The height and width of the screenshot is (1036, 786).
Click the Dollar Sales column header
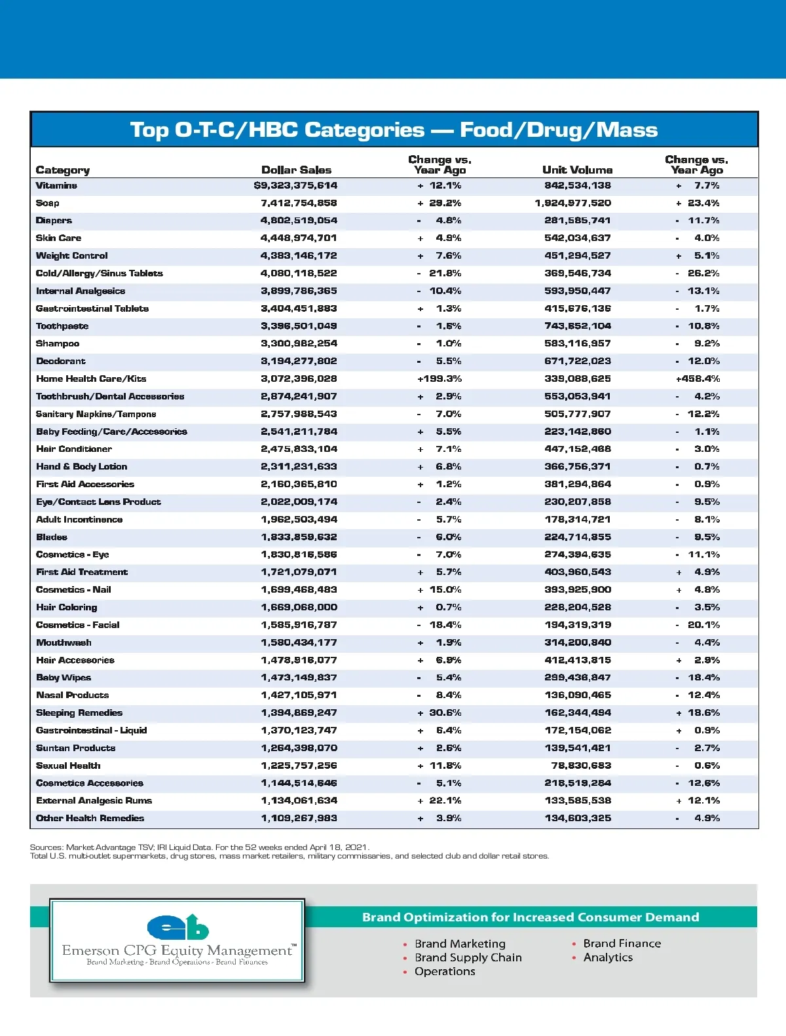pyautogui.click(x=296, y=170)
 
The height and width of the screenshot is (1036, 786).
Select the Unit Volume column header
pyautogui.click(x=577, y=170)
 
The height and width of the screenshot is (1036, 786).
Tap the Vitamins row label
pyautogui.click(x=56, y=186)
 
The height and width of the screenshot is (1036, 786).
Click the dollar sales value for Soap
pyautogui.click(x=299, y=203)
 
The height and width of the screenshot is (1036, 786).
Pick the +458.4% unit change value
pyautogui.click(x=698, y=379)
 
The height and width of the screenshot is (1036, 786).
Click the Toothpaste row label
pyautogui.click(x=62, y=326)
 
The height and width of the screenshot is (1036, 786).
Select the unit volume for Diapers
pyautogui.click(x=577, y=221)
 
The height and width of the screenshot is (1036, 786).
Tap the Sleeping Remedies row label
pyautogui.click(x=79, y=712)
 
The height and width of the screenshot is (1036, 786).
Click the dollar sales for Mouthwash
pyautogui.click(x=299, y=642)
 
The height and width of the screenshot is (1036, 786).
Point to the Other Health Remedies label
pyautogui.click(x=90, y=818)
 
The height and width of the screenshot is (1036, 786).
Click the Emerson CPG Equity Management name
pyautogui.click(x=178, y=950)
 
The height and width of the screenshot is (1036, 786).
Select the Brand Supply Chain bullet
pyautogui.click(x=468, y=957)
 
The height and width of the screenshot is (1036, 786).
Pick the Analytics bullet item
pyautogui.click(x=608, y=957)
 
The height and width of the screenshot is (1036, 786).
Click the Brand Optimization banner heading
pyautogui.click(x=531, y=917)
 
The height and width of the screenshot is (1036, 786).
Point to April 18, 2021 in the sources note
pyautogui.click(x=339, y=847)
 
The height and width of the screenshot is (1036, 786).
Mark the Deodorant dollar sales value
pyautogui.click(x=299, y=361)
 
